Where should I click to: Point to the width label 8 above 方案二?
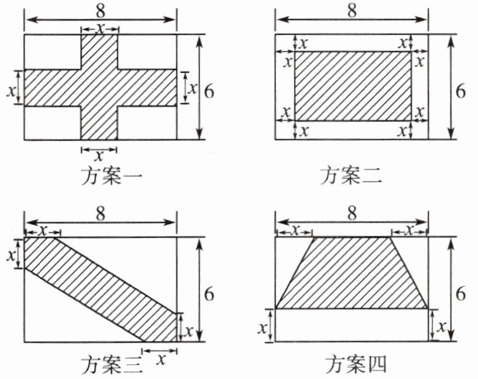[x=352, y=11]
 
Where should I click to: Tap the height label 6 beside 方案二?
[x=460, y=90]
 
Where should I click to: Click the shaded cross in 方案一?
[x=99, y=88]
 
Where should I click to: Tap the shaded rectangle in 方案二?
[x=352, y=86]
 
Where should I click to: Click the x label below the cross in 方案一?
[x=99, y=156]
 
